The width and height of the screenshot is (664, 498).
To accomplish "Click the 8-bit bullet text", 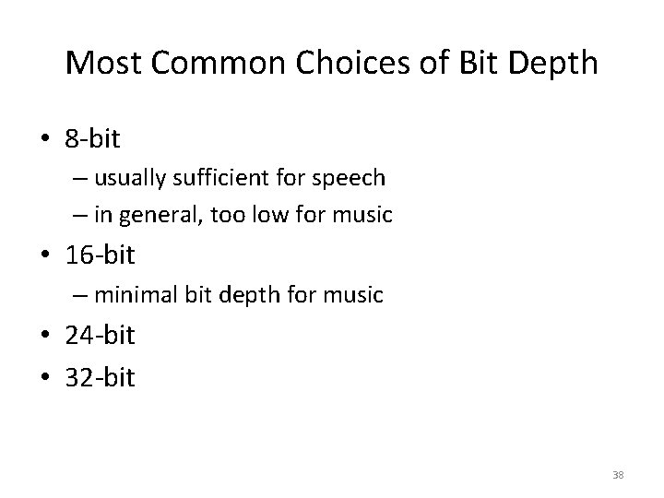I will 92,139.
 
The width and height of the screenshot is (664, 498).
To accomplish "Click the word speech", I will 355,176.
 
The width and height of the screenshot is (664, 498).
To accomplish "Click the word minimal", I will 136,295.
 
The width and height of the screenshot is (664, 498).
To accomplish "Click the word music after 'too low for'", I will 364,215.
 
